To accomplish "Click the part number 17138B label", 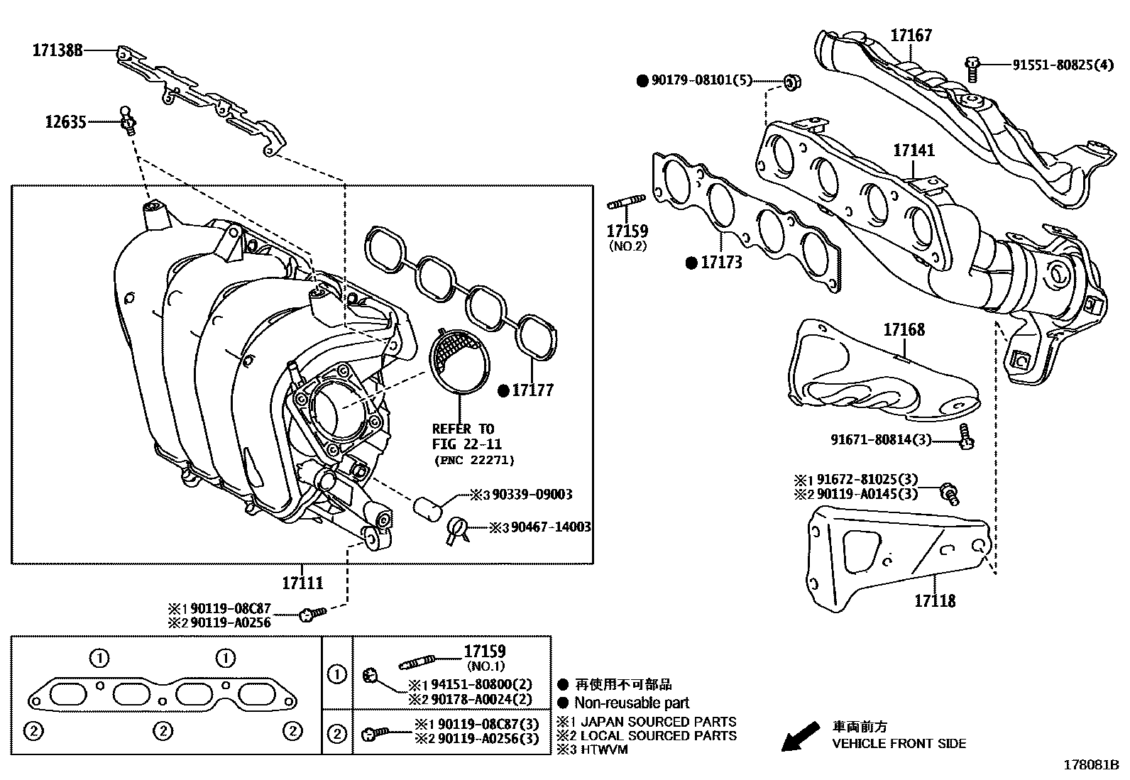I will (57, 50).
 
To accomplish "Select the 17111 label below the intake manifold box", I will (302, 583).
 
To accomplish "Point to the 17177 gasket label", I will (532, 390).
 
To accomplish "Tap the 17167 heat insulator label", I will (911, 35).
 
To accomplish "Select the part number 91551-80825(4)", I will (1063, 64).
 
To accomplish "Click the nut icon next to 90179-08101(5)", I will (791, 82).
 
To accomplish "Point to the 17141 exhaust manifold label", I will (914, 150).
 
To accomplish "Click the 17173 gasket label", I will (721, 263).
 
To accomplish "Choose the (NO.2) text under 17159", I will (628, 246).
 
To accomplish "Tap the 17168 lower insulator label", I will (904, 329).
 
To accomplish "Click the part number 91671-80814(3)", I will (880, 440).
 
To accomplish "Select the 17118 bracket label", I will (934, 601).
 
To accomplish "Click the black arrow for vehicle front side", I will (799, 736).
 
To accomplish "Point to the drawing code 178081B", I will (1090, 766).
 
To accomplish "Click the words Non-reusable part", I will (632, 703).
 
